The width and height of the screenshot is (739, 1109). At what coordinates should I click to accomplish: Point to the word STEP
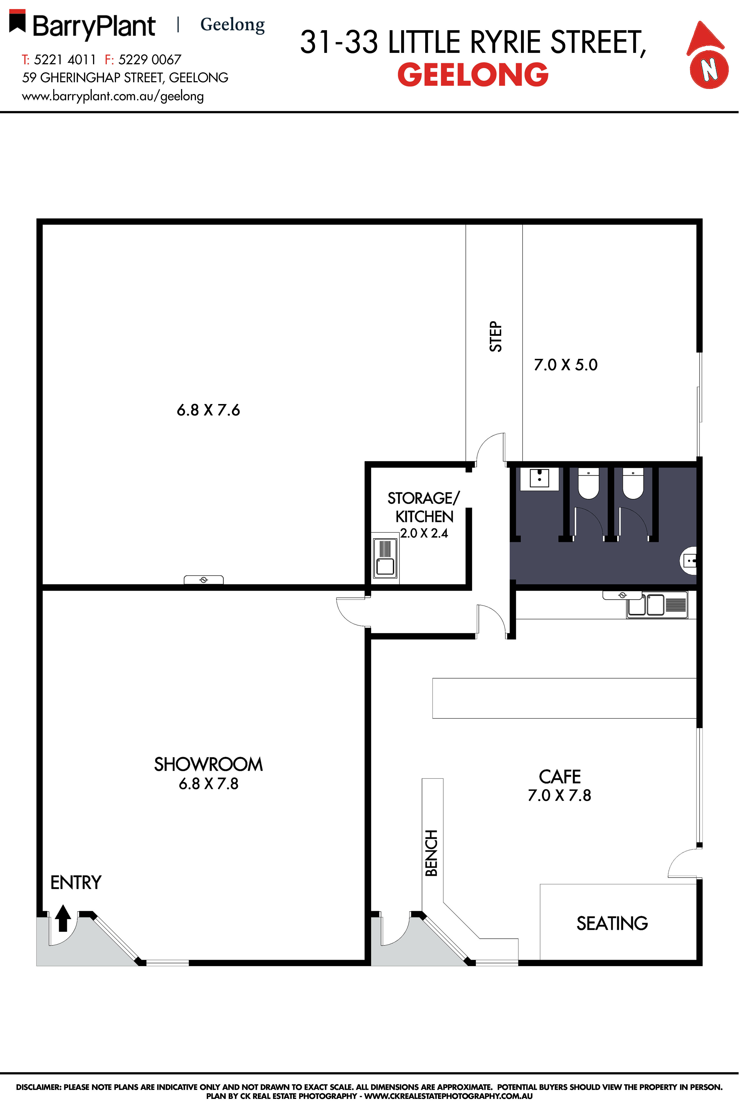[496, 336]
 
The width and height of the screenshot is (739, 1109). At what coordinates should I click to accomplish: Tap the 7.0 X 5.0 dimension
[566, 365]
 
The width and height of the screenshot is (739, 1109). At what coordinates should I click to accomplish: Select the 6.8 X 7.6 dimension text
[208, 410]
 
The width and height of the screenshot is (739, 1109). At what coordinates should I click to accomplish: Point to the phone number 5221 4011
[65, 60]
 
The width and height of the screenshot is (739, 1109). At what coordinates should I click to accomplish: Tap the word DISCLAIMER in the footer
[39, 1087]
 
